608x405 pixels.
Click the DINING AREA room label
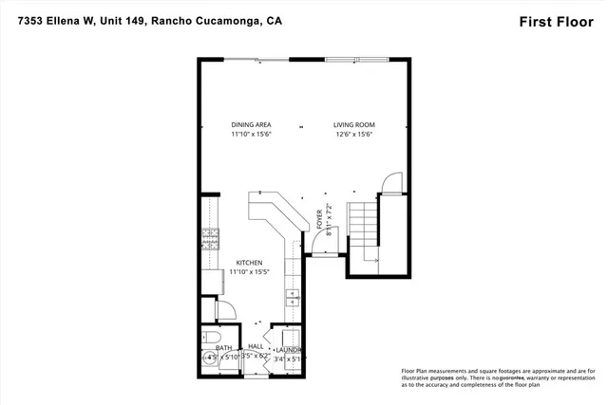pos(251,125)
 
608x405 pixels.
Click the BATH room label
pos(224,348)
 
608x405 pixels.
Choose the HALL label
pos(256,348)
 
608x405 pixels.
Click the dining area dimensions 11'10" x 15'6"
pos(251,136)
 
